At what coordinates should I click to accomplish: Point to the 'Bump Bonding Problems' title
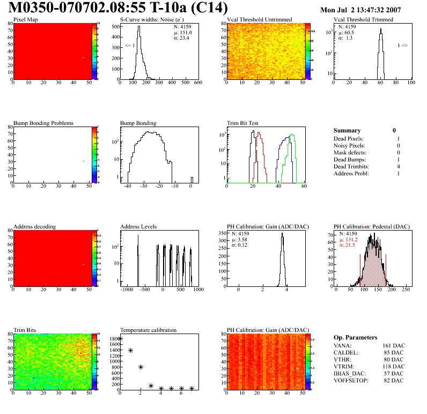[43, 123]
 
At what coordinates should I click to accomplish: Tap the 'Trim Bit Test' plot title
[243, 123]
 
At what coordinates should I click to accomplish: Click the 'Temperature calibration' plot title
[148, 330]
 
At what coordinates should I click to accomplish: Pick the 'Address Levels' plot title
[138, 227]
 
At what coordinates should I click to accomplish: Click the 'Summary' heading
[347, 130]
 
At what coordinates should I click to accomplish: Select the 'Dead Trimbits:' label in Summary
[351, 166]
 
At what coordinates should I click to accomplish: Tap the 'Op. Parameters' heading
[355, 337]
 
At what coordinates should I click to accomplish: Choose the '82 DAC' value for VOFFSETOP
[393, 380]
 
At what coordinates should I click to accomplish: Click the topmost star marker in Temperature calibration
[120, 339]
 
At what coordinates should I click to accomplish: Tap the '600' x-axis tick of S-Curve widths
[197, 83]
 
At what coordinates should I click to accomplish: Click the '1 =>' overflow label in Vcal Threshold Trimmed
[402, 46]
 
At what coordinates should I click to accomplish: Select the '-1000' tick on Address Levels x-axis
[127, 290]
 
